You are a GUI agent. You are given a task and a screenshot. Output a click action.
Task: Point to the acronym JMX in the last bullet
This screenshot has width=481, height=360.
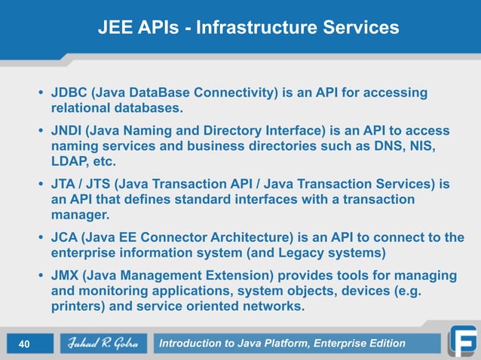tap(66, 276)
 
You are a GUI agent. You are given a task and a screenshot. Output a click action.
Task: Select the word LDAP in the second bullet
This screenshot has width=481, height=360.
tap(67, 161)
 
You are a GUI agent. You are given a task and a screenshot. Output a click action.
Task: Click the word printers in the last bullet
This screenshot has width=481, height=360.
tap(75, 307)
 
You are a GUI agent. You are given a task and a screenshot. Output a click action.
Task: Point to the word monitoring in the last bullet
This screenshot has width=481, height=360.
tap(109, 292)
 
